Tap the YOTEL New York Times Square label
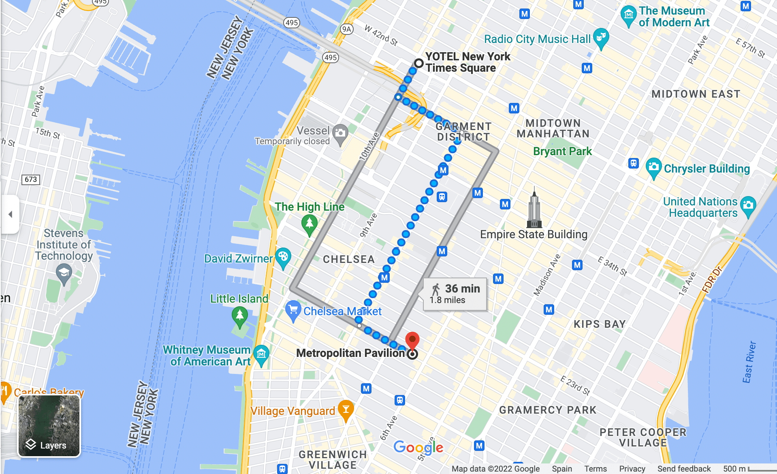(467, 62)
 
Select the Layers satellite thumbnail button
(49, 426)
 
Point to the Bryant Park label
(562, 152)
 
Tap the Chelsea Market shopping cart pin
(292, 310)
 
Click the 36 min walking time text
(462, 288)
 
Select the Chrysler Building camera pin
(653, 167)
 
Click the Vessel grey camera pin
(340, 133)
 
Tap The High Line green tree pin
(310, 224)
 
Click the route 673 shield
(31, 179)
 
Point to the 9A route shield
(346, 29)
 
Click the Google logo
(418, 447)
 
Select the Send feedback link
(684, 469)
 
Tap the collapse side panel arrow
(11, 214)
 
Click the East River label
(749, 362)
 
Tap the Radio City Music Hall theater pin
(601, 38)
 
